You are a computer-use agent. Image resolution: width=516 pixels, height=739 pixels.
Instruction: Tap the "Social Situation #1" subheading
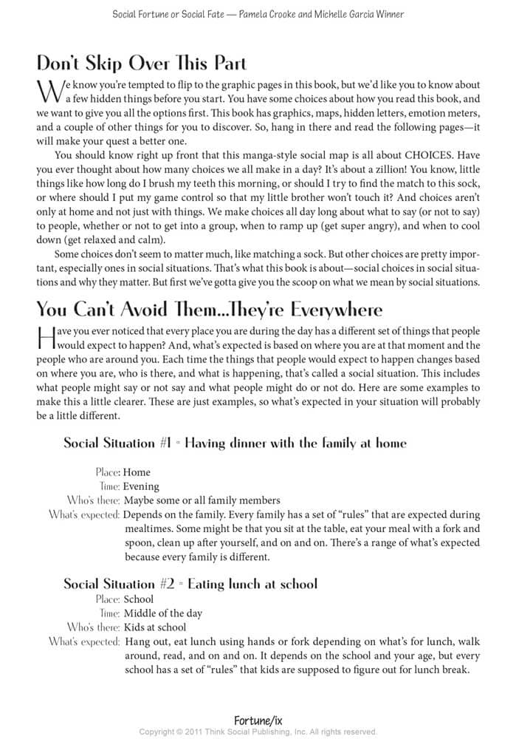(x=235, y=443)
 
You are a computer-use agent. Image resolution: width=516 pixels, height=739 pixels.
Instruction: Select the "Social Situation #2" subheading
(x=190, y=584)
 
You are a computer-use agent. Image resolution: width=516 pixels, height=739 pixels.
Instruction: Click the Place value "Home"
(x=137, y=471)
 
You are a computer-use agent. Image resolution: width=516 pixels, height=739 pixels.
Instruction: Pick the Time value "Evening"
(x=142, y=486)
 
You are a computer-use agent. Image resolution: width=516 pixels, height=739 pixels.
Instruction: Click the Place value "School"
(x=139, y=599)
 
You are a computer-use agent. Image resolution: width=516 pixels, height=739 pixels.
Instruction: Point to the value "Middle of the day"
(x=162, y=613)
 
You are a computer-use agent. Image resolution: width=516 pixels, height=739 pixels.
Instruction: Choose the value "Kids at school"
(x=154, y=627)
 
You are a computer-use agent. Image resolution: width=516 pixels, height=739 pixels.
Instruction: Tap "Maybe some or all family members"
(x=202, y=500)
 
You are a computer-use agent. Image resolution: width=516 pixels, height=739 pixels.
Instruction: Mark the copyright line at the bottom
(x=258, y=732)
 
